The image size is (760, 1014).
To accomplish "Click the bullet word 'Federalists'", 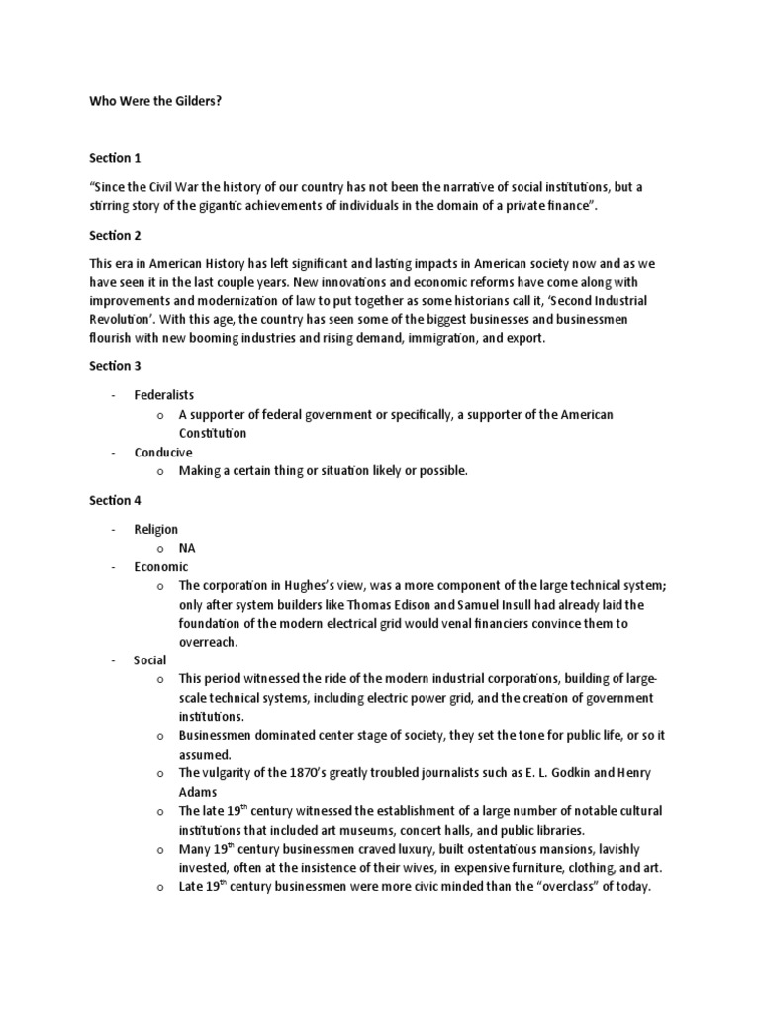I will pos(165,395).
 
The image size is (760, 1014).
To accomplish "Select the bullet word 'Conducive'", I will pos(163,453).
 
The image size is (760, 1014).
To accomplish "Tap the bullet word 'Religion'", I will pos(156,529).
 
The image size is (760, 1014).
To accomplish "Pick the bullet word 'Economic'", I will pos(160,566).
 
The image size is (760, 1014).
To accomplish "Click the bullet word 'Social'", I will pos(150,660).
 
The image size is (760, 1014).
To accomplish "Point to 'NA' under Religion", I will pos(187,548).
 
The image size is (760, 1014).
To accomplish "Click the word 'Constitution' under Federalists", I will pos(213,434).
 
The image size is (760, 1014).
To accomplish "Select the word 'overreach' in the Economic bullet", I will pos(209,642).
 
